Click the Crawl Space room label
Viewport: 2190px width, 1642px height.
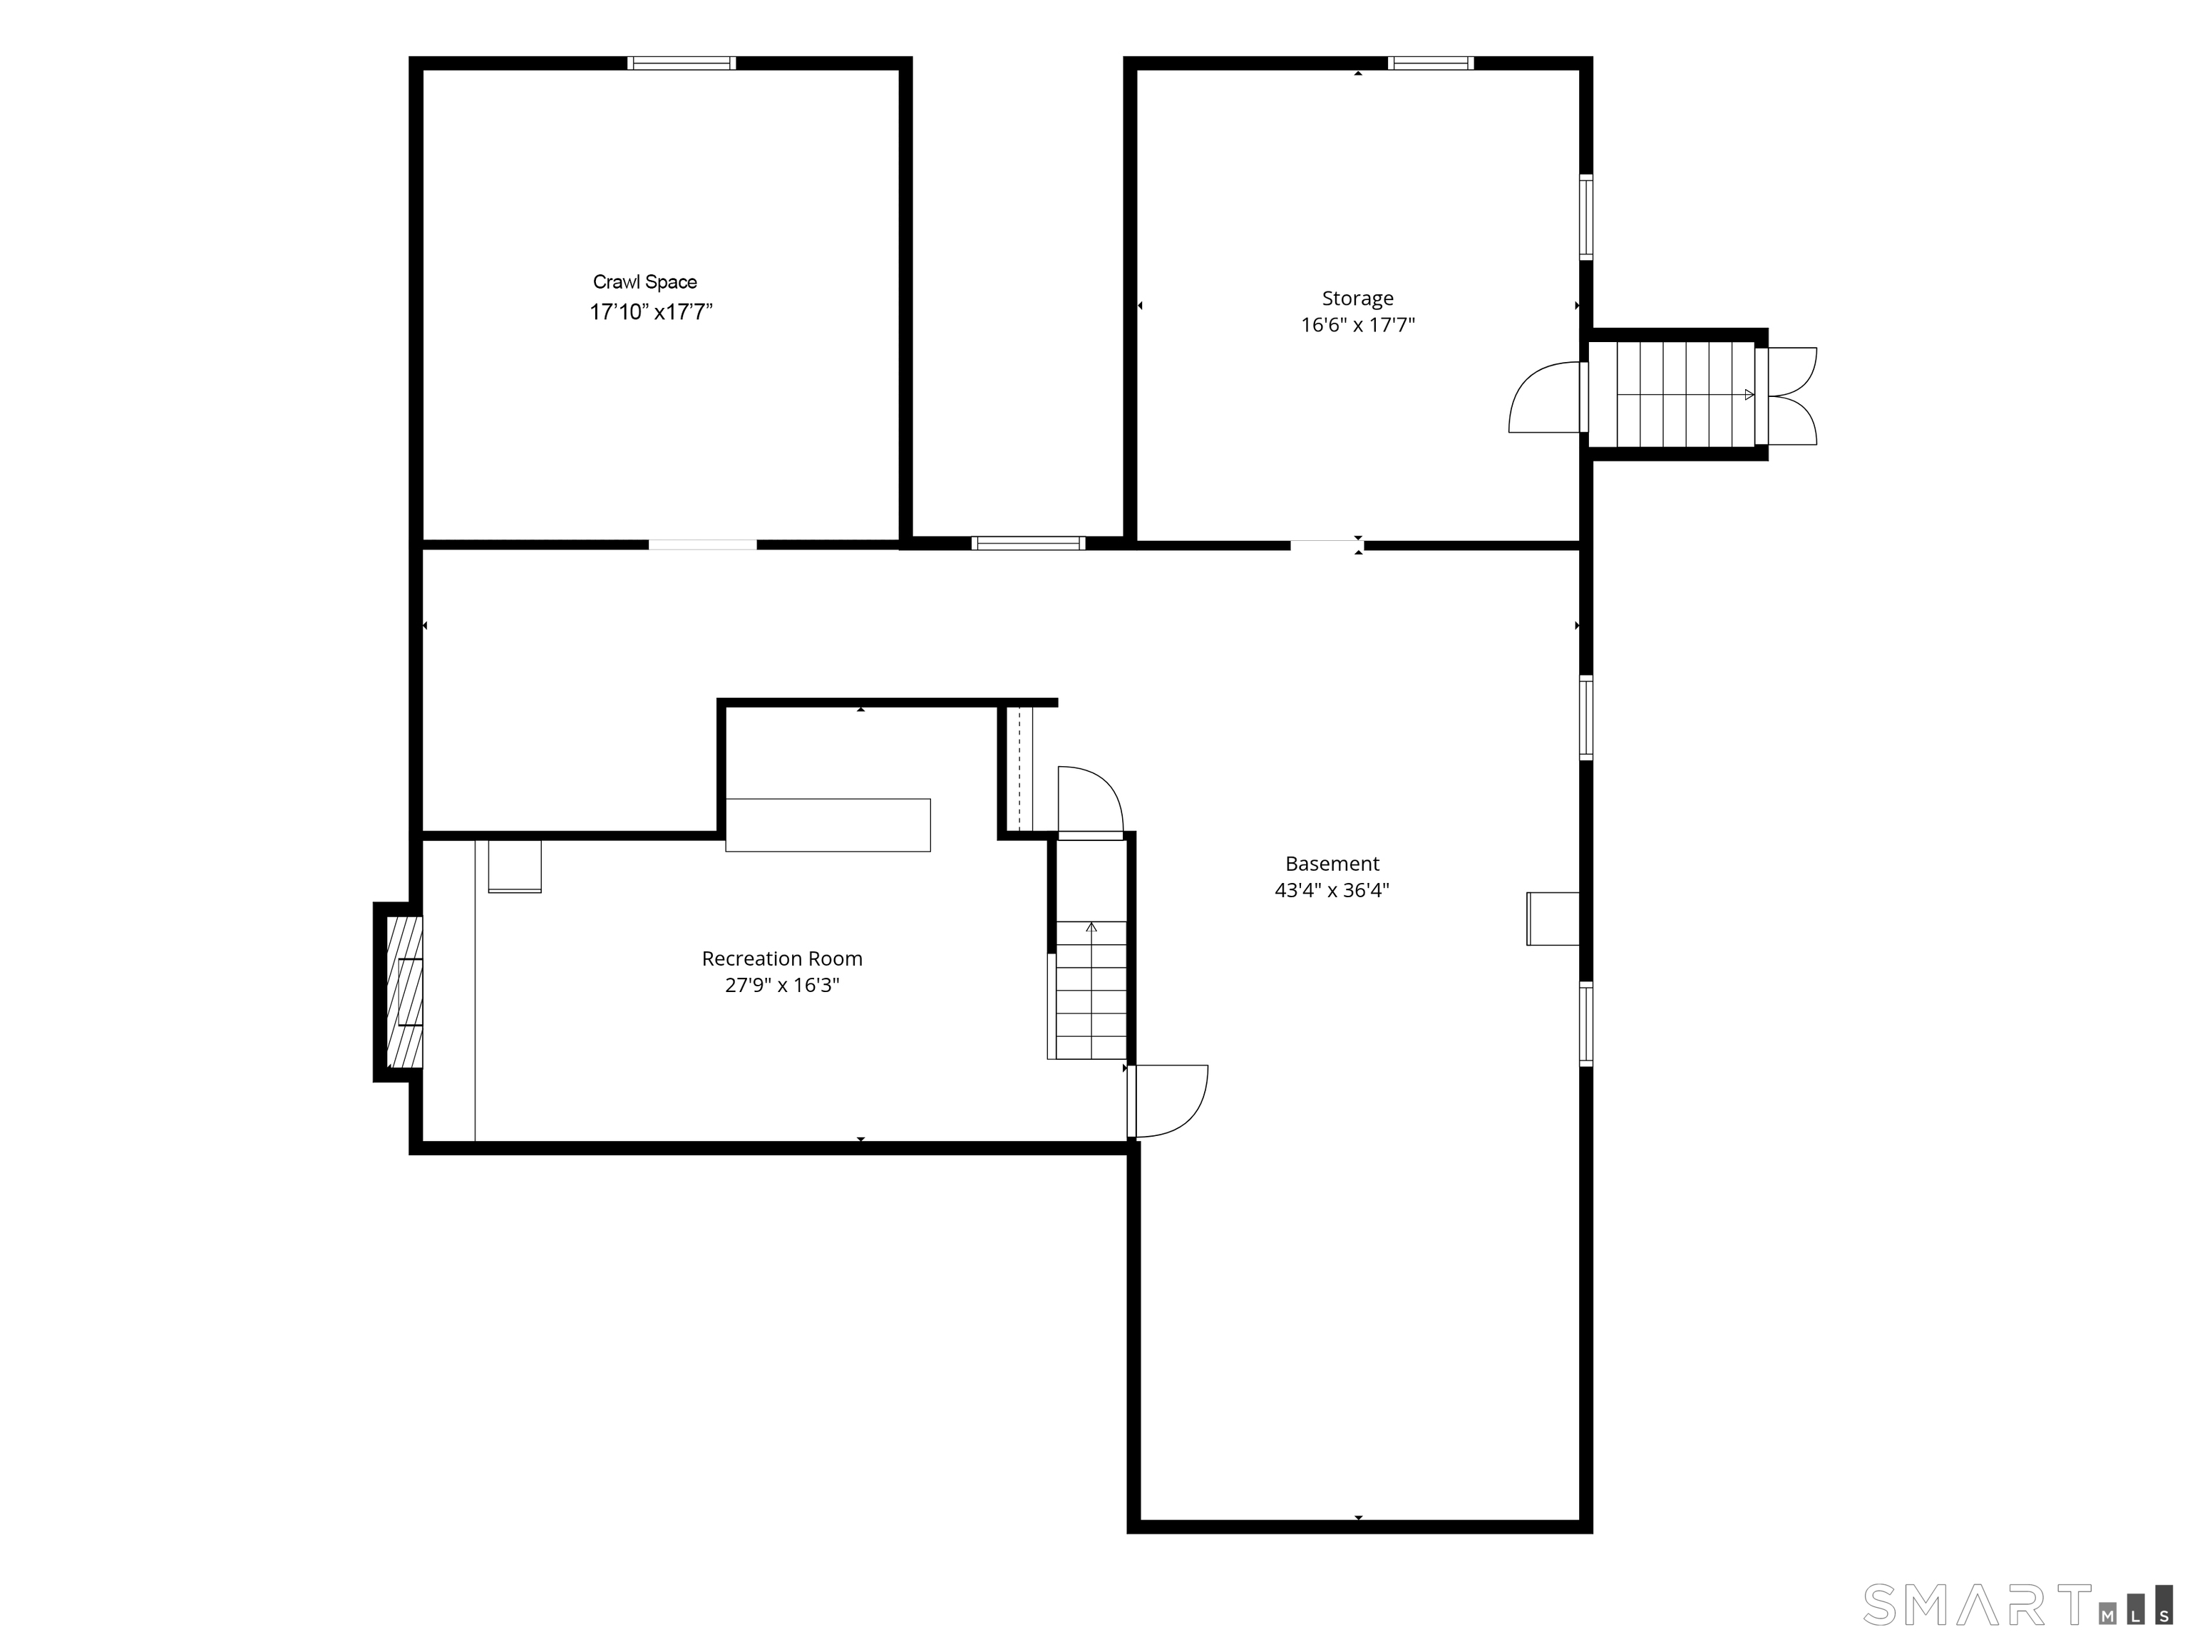click(x=644, y=282)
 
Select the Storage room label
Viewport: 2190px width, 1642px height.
click(x=1357, y=299)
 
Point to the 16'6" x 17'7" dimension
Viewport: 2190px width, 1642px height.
click(x=1357, y=325)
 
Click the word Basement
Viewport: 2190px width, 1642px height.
click(x=1332, y=863)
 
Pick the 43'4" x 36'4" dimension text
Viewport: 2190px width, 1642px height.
click(x=1332, y=890)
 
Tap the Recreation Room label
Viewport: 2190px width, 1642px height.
click(x=782, y=958)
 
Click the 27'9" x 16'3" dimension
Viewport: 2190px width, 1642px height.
click(x=782, y=985)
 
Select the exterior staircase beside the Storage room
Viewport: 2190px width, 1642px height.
click(x=1671, y=394)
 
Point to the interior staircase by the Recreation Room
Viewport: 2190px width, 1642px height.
click(x=1090, y=990)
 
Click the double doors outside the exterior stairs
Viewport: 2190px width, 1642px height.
click(x=1790, y=395)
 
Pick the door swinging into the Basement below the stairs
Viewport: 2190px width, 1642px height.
click(x=1168, y=1100)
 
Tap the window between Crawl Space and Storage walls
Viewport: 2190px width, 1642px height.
click(x=1028, y=542)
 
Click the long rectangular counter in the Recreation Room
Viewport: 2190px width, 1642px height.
click(x=828, y=825)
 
